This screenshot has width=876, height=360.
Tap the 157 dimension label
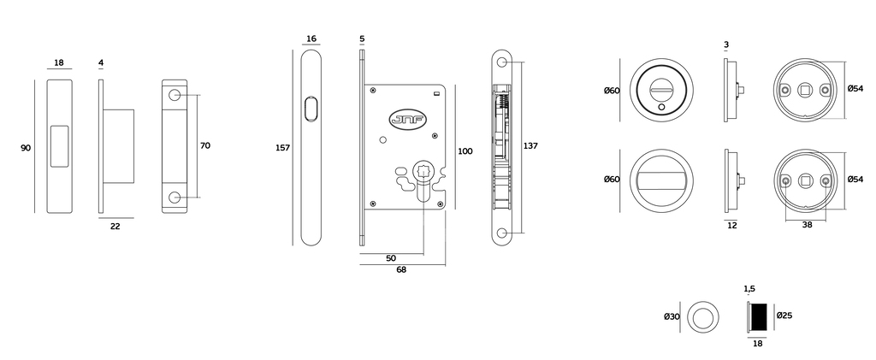tap(282, 148)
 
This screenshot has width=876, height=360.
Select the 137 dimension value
tap(530, 145)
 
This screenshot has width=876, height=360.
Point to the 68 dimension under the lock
tap(401, 269)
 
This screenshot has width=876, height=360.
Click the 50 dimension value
tap(391, 258)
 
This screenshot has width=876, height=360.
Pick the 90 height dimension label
tap(26, 148)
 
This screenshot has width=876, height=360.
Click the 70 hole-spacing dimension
tap(205, 145)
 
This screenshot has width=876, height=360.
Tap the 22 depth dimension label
tap(115, 226)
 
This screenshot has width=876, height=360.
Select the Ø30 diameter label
tap(672, 316)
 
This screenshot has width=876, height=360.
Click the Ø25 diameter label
tap(784, 316)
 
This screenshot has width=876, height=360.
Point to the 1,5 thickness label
tap(749, 288)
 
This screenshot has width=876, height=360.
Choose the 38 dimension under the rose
tap(807, 226)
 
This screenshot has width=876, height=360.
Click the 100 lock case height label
tap(465, 151)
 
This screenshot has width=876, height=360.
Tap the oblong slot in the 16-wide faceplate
tap(311, 109)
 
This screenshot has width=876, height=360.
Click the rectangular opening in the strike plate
tap(59, 146)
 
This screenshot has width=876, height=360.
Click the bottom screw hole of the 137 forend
tap(502, 233)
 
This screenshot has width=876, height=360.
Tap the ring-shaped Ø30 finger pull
tap(702, 317)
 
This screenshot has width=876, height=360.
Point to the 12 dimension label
tap(732, 226)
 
